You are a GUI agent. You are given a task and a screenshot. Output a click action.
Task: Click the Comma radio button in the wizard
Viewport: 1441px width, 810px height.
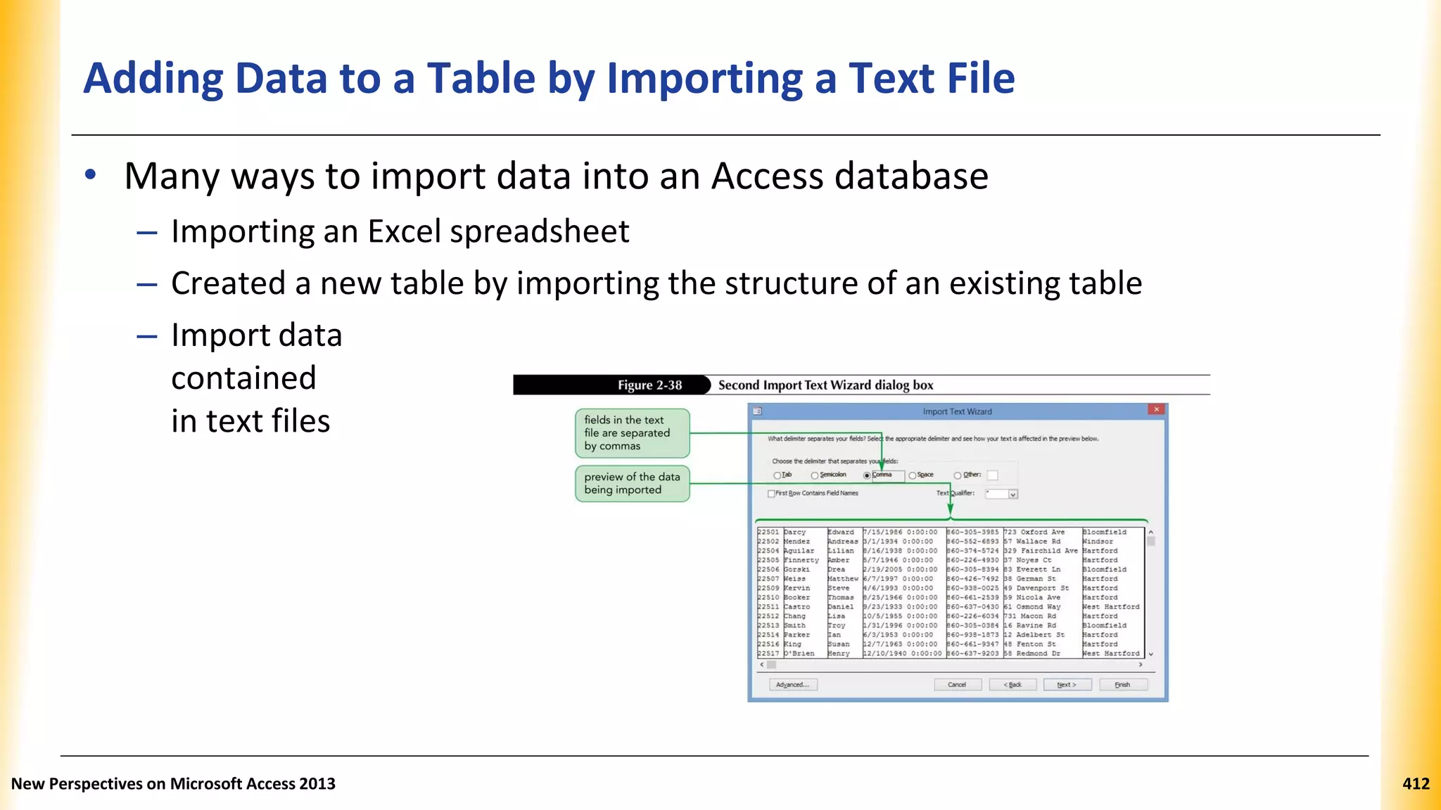(x=868, y=476)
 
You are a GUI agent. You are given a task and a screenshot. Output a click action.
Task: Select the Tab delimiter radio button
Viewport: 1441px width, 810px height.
(x=777, y=476)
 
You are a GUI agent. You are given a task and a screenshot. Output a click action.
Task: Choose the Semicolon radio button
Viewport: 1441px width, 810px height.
(x=815, y=476)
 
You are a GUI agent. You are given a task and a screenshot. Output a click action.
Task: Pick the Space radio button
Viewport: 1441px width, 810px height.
(x=913, y=476)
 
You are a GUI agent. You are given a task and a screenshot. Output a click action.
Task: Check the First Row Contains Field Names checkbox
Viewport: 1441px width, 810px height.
(x=771, y=494)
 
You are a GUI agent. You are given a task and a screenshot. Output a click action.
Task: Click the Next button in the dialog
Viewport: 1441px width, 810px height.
(x=1067, y=685)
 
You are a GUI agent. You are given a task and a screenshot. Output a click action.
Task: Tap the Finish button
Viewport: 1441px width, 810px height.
(x=1122, y=685)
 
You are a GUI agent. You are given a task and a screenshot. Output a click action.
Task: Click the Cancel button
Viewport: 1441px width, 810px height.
(x=957, y=685)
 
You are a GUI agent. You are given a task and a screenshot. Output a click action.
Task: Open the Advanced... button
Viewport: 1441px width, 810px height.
(x=793, y=685)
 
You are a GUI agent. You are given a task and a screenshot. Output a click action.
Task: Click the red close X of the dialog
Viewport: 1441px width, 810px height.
(x=1156, y=409)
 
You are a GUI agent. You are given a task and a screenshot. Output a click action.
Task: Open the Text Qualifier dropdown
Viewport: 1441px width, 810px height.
(x=1013, y=494)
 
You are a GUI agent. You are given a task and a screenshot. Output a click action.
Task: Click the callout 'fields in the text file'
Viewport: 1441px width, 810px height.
(x=632, y=433)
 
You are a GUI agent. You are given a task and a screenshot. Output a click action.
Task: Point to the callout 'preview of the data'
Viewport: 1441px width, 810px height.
(x=632, y=484)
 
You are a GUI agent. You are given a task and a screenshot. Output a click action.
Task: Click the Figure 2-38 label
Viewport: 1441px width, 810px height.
(x=649, y=385)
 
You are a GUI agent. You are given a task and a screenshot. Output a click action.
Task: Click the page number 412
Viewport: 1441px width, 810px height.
(x=1416, y=784)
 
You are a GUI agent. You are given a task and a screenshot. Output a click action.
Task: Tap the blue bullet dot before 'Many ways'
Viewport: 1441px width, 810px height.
(x=90, y=175)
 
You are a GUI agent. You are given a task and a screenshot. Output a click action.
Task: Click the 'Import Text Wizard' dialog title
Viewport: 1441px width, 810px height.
(x=957, y=412)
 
